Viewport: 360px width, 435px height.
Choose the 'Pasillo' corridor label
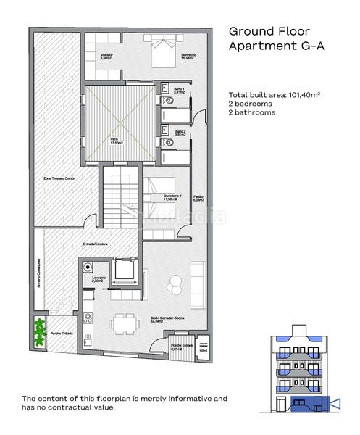[198, 194]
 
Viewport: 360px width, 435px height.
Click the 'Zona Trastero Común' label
[59, 178]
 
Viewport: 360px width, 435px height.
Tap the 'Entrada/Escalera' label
[95, 244]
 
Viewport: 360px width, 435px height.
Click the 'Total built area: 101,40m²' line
[275, 95]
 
